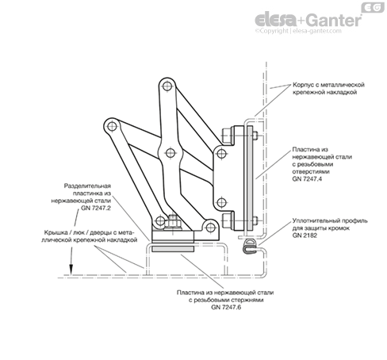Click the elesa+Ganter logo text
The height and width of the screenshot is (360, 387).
308,20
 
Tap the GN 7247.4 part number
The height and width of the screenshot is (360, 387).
307,179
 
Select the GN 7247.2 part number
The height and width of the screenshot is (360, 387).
96,208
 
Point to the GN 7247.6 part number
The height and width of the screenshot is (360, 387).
226,307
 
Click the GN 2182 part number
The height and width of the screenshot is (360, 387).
305,236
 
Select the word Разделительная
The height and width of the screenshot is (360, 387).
87,186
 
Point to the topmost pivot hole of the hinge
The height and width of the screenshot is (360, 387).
167,86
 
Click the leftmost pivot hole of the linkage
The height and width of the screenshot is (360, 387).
112,126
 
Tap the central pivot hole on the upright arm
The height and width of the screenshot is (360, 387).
170,152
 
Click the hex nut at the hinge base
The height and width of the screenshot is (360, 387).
173,223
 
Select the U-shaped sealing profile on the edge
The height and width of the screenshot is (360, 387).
249,247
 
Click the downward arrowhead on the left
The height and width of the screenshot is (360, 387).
71,270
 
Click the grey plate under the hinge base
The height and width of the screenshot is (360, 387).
173,249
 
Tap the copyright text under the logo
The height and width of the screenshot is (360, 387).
298,31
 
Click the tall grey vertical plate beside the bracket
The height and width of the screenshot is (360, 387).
250,178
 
